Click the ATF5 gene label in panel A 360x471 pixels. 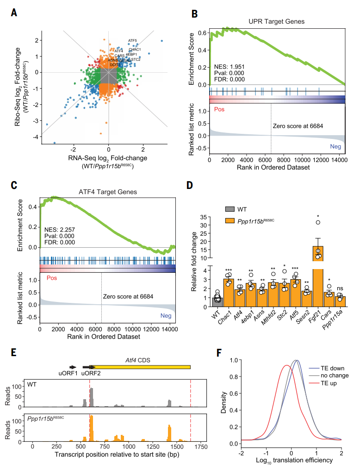[x=132, y=40]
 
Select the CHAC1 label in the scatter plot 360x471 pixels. [x=135, y=50]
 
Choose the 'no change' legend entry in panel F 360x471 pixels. [x=336, y=375]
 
